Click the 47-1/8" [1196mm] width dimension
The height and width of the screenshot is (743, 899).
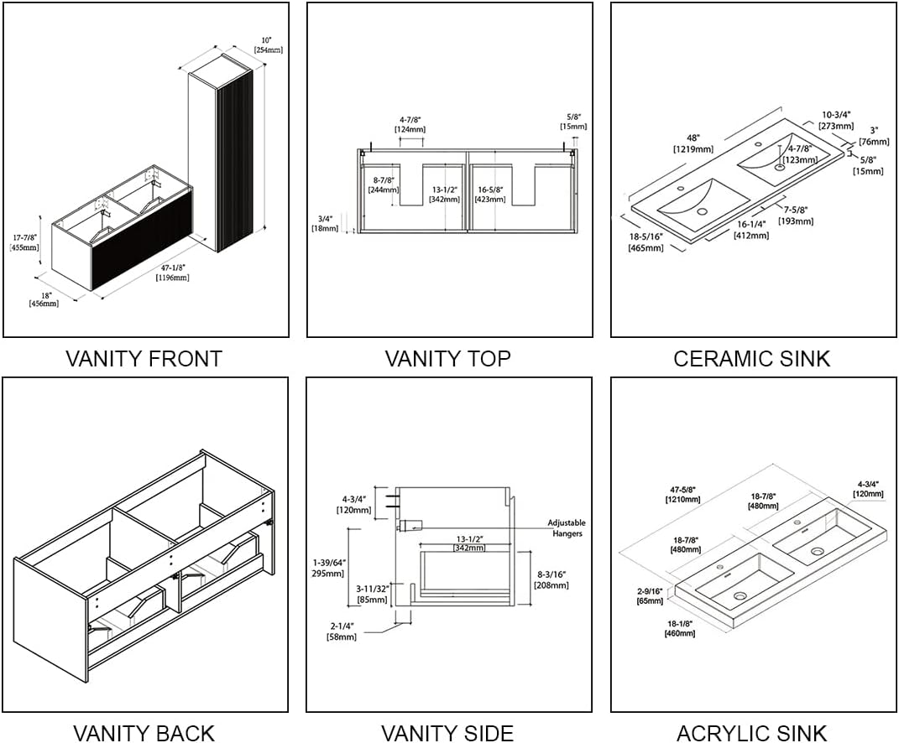pos(171,273)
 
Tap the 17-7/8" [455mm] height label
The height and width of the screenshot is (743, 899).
pos(24,242)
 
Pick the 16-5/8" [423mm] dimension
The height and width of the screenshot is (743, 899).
pos(491,195)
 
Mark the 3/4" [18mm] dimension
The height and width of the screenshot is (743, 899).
pos(325,223)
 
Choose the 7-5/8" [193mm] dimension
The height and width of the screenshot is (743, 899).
pos(796,216)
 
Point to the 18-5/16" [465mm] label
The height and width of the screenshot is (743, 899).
pos(646,242)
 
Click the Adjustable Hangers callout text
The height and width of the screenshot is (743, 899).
pos(567,528)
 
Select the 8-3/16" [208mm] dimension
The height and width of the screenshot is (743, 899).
pos(551,579)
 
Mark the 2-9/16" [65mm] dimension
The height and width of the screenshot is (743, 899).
pos(651,596)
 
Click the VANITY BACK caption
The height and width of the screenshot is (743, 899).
pos(144,732)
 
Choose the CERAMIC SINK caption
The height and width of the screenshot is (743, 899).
pos(751,359)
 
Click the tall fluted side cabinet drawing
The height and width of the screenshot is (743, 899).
pos(222,155)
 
